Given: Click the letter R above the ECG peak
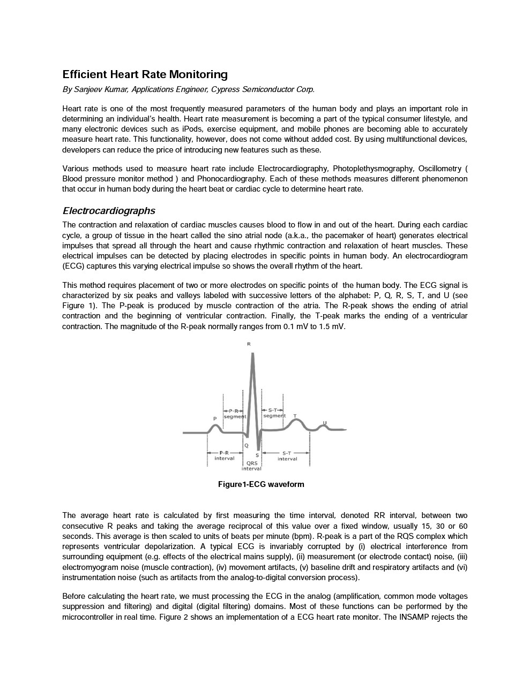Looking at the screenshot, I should tap(249, 344).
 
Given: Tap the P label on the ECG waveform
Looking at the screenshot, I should tap(215, 418).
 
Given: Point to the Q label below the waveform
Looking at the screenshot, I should tap(247, 445).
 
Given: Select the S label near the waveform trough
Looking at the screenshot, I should tap(258, 455).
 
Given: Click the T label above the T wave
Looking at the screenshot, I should tap(295, 415).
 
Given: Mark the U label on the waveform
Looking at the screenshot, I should tap(324, 423).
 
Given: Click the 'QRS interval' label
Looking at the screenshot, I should tap(251, 466).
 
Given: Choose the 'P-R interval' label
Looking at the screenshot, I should tap(224, 455).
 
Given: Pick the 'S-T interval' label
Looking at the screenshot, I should tap(287, 455).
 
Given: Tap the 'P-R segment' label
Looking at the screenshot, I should tap(234, 413).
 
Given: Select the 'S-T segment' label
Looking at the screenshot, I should tap(274, 413).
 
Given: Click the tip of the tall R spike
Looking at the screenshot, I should tap(252, 354).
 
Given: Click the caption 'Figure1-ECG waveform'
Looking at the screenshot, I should tap(261, 484).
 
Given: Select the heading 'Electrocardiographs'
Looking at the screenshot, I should tap(109, 210).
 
